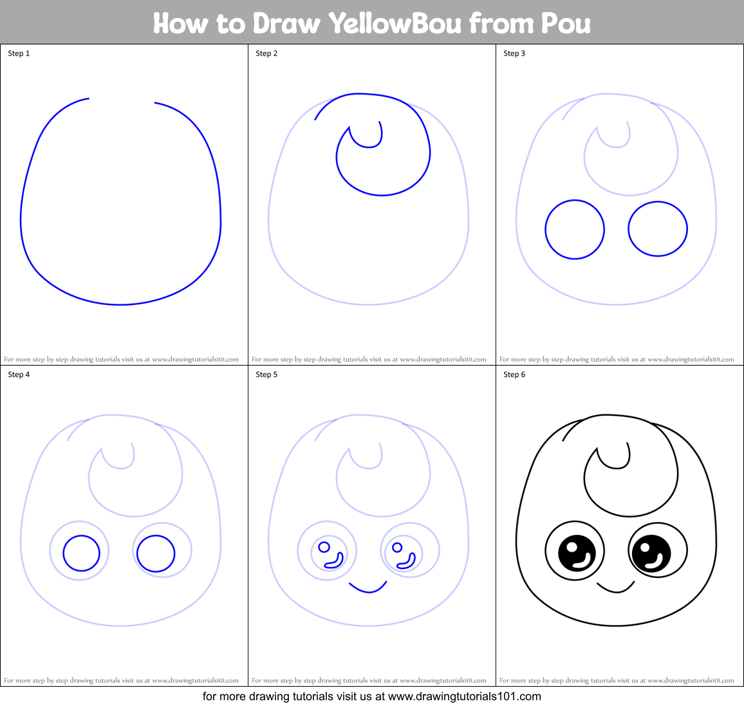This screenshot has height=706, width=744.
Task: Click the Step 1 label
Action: tap(19, 53)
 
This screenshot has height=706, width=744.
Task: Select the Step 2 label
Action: tap(266, 53)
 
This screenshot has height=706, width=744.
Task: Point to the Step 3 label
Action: tap(514, 53)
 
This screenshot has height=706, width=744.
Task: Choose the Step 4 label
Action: tap(19, 375)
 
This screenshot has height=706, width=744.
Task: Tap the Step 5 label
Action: tap(266, 375)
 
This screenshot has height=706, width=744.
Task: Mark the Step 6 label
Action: tap(514, 375)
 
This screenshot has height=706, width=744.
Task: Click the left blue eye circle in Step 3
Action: tap(575, 229)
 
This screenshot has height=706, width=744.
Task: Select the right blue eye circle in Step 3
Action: tap(658, 228)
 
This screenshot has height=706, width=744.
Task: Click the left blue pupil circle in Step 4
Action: tap(82, 553)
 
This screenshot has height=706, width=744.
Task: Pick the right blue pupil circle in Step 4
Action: tap(156, 553)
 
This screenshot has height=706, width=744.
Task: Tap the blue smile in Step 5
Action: tap(368, 588)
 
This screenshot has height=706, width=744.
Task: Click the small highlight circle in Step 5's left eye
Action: tap(324, 547)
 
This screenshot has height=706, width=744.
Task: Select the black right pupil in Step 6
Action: tap(651, 553)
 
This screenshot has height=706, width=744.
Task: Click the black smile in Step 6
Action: tap(616, 588)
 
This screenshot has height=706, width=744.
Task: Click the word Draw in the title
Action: tap(286, 24)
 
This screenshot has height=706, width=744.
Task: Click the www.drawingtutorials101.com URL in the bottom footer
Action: tap(465, 696)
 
